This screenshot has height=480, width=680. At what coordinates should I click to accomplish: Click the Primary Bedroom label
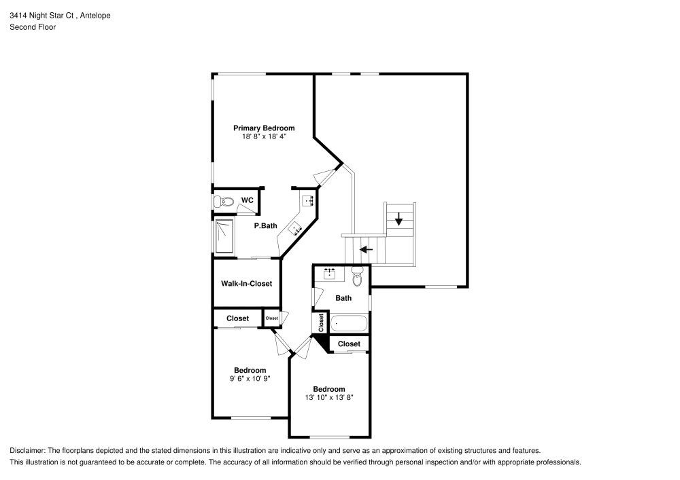point(264,128)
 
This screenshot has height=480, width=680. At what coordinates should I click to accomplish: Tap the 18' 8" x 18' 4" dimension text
point(264,136)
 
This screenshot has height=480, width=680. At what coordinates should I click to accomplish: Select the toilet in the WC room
point(224,202)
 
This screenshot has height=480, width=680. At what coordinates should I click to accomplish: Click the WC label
point(248,200)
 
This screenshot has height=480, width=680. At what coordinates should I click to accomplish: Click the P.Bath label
point(265,226)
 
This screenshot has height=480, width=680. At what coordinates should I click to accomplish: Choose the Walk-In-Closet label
point(246,283)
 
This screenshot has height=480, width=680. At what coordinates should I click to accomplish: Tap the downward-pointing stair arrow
point(398,219)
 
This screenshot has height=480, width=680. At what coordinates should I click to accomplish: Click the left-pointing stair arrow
point(367,249)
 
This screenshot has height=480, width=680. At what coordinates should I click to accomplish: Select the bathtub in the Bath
point(349,323)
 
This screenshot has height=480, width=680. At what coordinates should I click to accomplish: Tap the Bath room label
point(343,297)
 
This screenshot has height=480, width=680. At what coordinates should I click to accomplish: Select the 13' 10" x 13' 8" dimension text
point(328,398)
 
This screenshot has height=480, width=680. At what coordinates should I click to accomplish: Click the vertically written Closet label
point(321,322)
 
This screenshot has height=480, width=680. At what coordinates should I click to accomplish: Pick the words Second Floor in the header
point(33,27)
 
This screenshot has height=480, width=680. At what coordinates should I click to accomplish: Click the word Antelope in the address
point(96,15)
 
